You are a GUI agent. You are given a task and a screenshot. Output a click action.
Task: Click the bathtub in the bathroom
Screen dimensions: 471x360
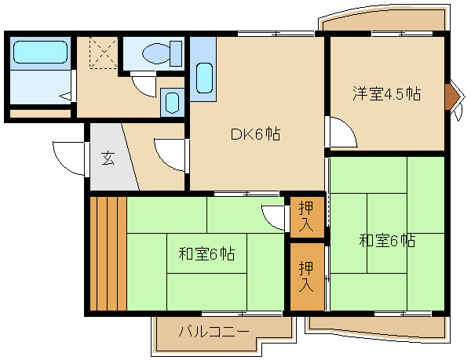click(x=40, y=53)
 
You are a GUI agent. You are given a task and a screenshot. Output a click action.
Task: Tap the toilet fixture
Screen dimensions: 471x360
click(x=162, y=53)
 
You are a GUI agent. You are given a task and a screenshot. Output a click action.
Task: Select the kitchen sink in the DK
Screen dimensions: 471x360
click(x=204, y=78)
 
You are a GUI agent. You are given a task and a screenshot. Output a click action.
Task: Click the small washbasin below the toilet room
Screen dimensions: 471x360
click(x=173, y=103)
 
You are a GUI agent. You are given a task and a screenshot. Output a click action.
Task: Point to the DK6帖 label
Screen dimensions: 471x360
click(x=256, y=134)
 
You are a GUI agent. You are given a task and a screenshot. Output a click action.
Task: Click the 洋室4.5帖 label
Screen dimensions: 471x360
click(x=387, y=94)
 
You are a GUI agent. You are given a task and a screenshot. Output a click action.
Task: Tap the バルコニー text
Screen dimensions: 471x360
click(x=214, y=332)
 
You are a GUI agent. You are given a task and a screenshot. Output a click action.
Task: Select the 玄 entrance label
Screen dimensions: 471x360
click(x=108, y=158)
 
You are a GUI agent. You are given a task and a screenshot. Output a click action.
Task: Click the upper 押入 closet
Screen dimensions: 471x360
click(x=306, y=216)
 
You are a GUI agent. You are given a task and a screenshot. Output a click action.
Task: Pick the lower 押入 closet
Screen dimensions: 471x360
click(x=306, y=277)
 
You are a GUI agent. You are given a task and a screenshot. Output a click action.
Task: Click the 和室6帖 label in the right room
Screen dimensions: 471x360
click(x=388, y=240)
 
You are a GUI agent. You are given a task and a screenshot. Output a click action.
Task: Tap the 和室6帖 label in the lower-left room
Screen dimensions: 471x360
click(x=206, y=254)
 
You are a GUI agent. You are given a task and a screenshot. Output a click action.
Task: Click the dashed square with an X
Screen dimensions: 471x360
click(x=104, y=53)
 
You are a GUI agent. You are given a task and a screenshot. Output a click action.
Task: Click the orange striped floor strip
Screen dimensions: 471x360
click(x=108, y=253)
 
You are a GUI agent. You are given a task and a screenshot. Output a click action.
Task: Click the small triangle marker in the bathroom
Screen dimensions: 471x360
click(x=65, y=96)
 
